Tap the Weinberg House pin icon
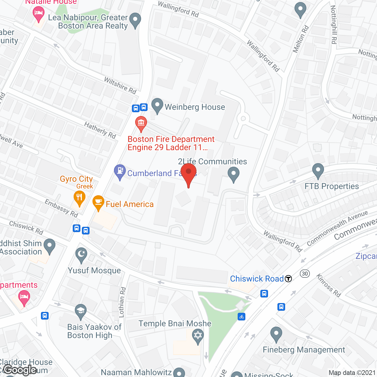[x=157, y=105]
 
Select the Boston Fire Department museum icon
[x=141, y=123]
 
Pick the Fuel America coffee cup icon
[x=98, y=202]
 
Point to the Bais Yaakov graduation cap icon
[x=80, y=311]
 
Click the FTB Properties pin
[x=318, y=170]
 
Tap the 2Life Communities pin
[x=234, y=174]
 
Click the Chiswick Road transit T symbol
[x=288, y=279]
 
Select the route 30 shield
[x=305, y=274]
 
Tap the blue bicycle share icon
[x=242, y=317]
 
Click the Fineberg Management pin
[x=276, y=334]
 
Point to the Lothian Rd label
[x=122, y=302]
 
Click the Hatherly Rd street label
[x=100, y=130]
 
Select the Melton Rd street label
[x=301, y=39]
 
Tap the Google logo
[x=20, y=370]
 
